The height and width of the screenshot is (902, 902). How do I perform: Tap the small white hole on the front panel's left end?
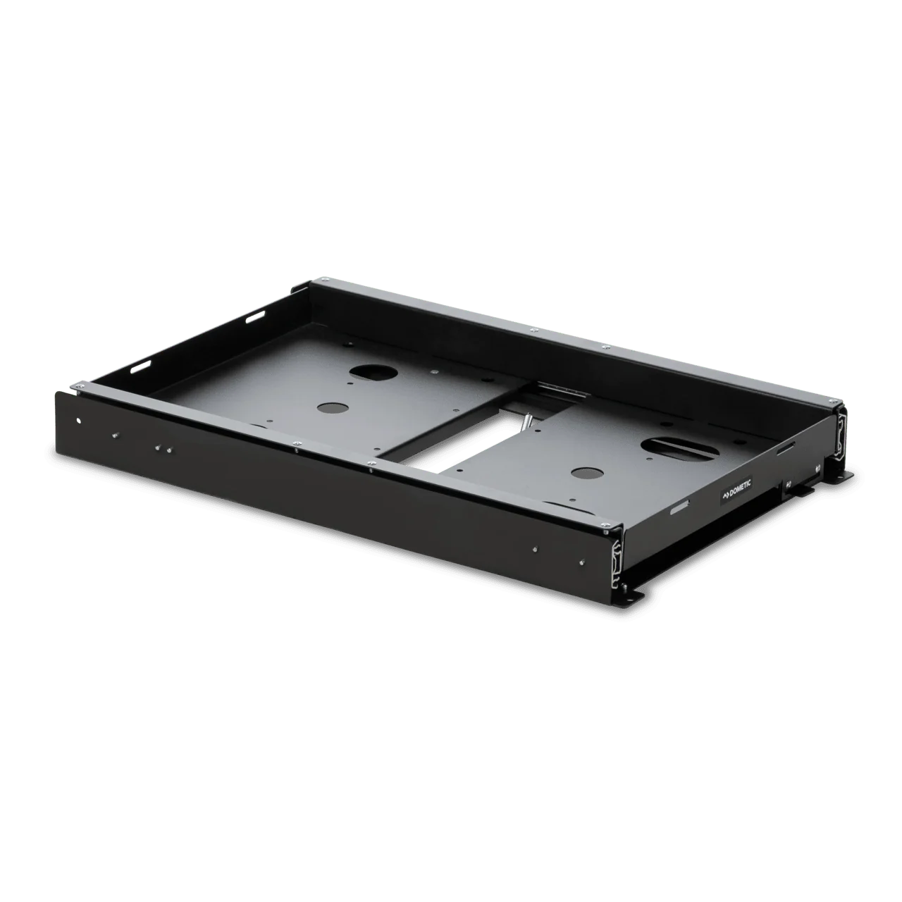click(x=79, y=420)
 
